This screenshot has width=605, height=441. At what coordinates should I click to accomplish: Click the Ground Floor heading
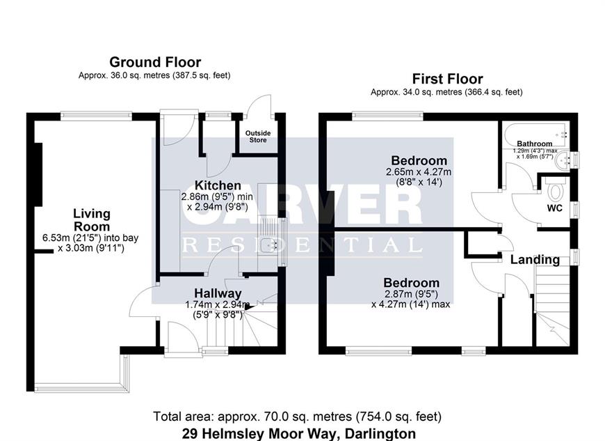tap(155, 62)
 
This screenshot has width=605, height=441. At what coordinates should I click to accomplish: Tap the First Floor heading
tap(448, 79)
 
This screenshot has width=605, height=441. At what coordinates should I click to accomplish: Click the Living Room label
tap(92, 220)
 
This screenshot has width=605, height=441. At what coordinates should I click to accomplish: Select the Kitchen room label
tap(218, 185)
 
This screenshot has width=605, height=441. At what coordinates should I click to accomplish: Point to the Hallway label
tap(218, 293)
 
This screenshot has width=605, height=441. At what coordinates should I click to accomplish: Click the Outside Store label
tap(258, 137)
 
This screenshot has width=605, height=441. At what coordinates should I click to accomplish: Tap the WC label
tap(554, 208)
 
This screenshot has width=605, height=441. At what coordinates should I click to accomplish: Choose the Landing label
tap(535, 259)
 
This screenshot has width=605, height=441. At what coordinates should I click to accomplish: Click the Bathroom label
tap(534, 144)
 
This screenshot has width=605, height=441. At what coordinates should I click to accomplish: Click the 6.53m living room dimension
tap(90, 238)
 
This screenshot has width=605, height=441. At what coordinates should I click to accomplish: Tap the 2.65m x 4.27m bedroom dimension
tap(419, 171)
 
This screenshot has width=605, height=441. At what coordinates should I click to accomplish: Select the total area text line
tap(297, 416)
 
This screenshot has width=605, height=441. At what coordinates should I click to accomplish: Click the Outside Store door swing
tap(259, 105)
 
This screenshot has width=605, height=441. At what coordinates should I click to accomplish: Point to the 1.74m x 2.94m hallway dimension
tap(217, 304)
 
